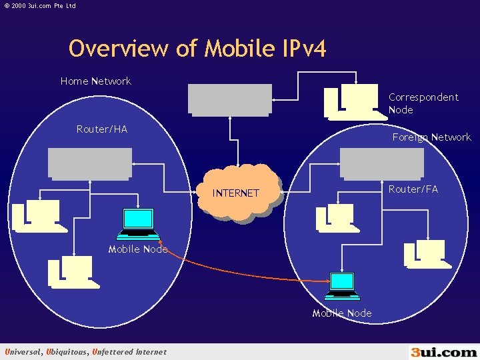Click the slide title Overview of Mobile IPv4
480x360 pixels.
pos(197,48)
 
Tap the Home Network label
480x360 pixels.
pos(96,81)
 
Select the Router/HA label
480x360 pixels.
pos(102,129)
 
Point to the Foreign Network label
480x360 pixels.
pos(431,137)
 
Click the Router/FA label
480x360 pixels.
pos(413,189)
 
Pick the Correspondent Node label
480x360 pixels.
pos(423,103)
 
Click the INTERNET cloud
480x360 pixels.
pos(236,192)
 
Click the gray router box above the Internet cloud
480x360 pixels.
pos(230,99)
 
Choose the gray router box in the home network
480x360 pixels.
pos(90,163)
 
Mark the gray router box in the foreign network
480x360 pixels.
pos(381,163)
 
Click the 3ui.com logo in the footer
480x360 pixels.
pos(443,351)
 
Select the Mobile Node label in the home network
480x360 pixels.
pos(138,249)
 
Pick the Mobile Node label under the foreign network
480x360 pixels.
pos(342,313)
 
